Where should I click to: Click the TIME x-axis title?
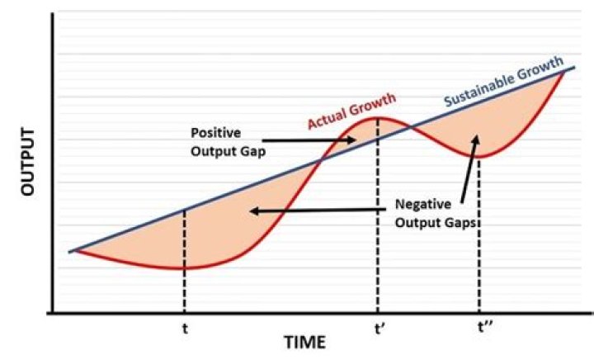pyautogui.click(x=305, y=341)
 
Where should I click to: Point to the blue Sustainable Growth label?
pyautogui.click(x=503, y=83)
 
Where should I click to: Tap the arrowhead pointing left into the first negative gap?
pyautogui.click(x=254, y=211)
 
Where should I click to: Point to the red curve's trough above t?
pyautogui.click(x=184, y=268)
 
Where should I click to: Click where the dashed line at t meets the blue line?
pyautogui.click(x=184, y=210)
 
